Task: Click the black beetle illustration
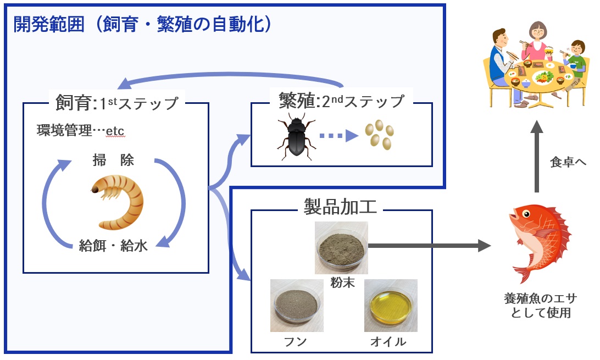(x=297, y=137)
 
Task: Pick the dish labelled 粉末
(x=341, y=247)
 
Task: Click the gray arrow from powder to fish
(x=429, y=246)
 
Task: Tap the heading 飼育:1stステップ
(x=117, y=102)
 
